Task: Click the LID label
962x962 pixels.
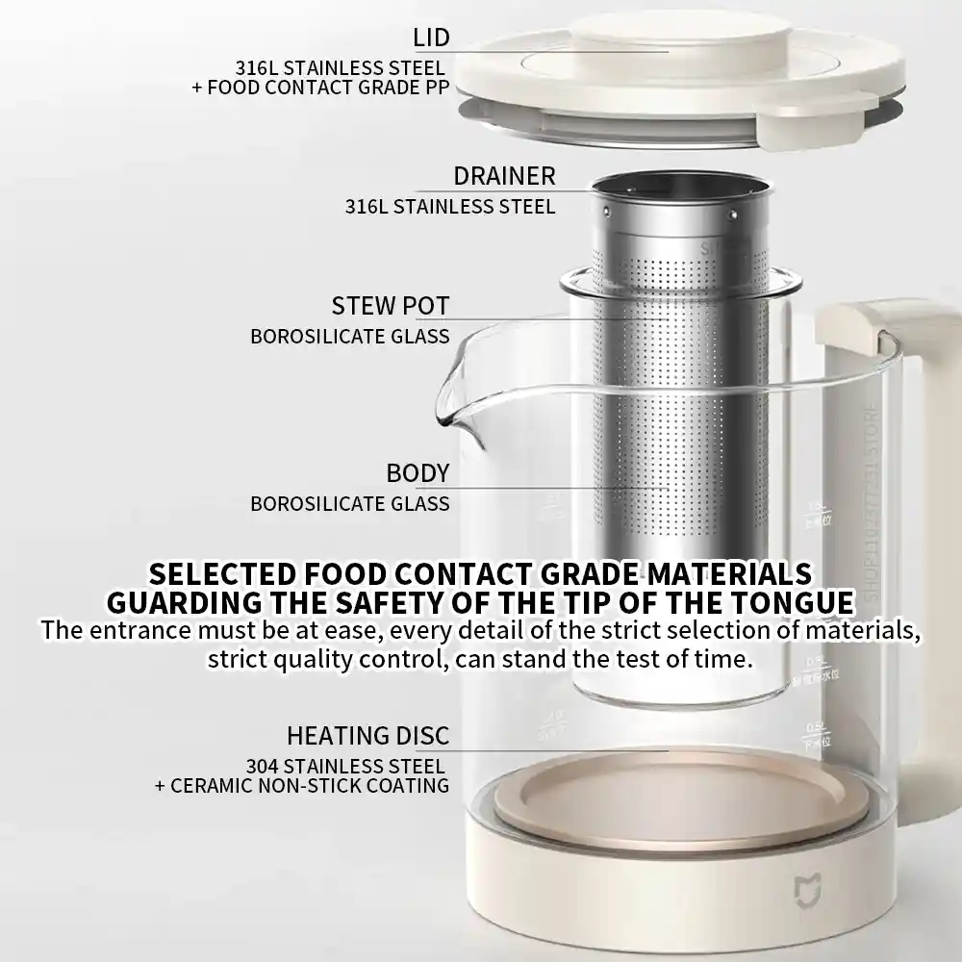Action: (x=431, y=38)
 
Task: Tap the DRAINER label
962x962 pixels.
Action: (x=504, y=176)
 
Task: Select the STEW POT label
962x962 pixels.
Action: (x=391, y=307)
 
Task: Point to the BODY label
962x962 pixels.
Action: (x=418, y=473)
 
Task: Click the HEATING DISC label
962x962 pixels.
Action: (x=367, y=736)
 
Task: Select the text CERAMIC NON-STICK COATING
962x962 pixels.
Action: (x=310, y=785)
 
